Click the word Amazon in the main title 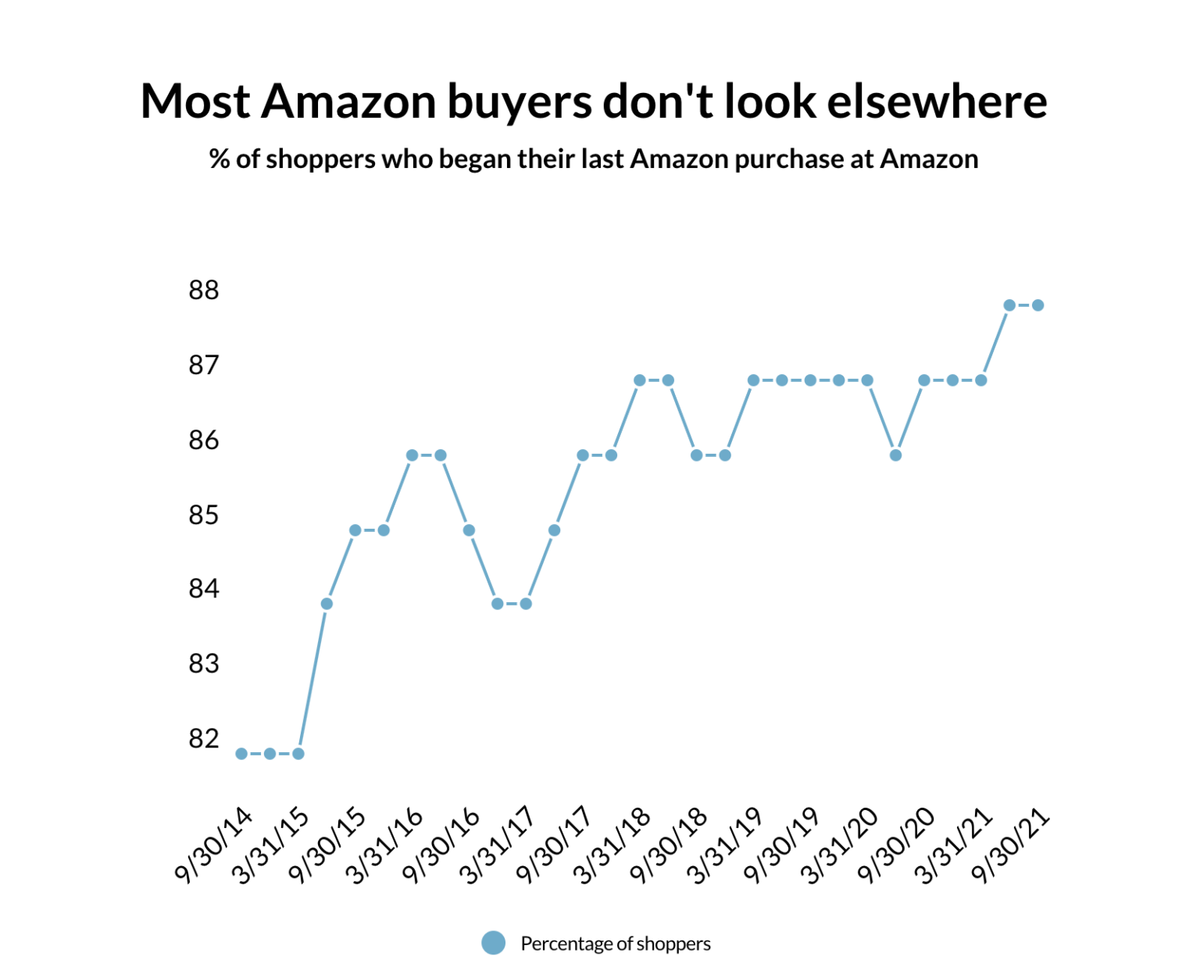(348, 102)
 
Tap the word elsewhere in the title (937, 102)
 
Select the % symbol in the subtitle (220, 159)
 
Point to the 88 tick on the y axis (204, 291)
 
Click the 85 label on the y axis (204, 516)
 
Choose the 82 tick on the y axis (204, 738)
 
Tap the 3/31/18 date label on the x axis (613, 845)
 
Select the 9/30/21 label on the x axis (1011, 845)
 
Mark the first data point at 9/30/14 (241, 754)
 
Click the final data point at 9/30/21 (1038, 305)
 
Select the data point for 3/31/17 (526, 604)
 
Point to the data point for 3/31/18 (640, 380)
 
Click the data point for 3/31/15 (298, 754)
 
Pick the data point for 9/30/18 (697, 455)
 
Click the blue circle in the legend (493, 943)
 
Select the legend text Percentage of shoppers (616, 944)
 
